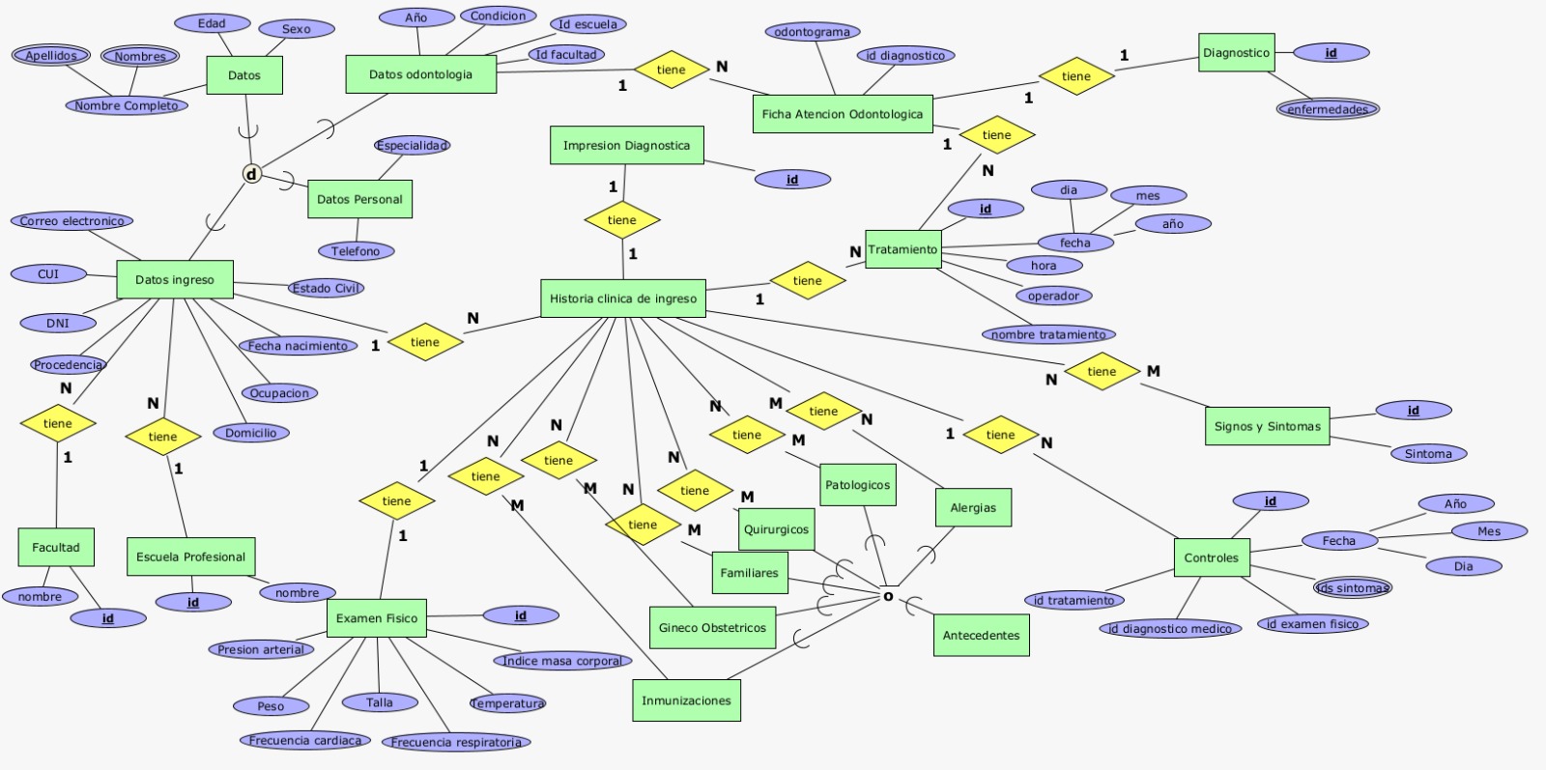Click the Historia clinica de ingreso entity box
tap(622, 299)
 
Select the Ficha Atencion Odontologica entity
tap(842, 114)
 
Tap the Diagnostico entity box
tap(1236, 53)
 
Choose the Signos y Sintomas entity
tap(1267, 426)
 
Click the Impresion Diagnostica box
tap(626, 146)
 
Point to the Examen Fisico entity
tap(377, 618)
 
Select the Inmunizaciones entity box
tap(686, 700)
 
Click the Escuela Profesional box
tap(190, 557)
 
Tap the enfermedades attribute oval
tap(1327, 109)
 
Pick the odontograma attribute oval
tap(812, 32)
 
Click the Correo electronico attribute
tap(72, 221)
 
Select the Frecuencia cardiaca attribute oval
tap(305, 740)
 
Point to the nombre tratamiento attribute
tap(1048, 334)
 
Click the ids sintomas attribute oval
tap(1353, 587)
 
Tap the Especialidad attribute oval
tap(412, 146)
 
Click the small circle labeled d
tap(251, 175)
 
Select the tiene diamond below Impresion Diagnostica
tap(622, 220)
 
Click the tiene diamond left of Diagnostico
tap(1075, 76)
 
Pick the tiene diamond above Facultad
tap(57, 423)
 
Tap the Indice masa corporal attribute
tap(561, 661)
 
